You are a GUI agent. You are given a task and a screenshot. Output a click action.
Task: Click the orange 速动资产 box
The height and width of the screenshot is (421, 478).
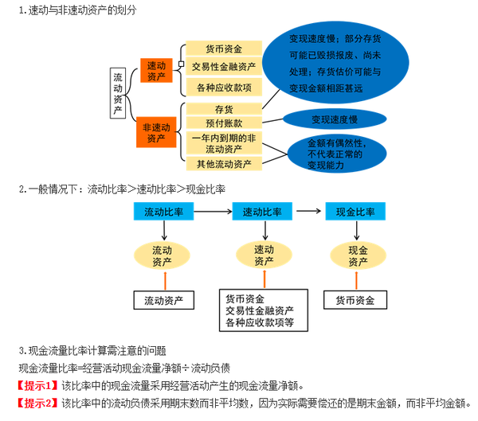[156, 71]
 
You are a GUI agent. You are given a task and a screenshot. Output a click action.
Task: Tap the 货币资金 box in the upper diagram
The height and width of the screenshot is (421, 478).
[224, 49]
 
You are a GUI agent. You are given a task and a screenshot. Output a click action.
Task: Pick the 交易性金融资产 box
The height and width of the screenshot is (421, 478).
[224, 67]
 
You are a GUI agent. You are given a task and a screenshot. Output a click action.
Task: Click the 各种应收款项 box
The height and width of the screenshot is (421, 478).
[224, 87]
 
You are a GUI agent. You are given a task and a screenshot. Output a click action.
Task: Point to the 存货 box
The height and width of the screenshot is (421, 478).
[224, 108]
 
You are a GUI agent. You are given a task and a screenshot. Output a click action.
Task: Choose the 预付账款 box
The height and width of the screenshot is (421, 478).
[224, 123]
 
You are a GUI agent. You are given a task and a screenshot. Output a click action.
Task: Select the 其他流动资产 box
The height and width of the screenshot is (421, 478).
[224, 164]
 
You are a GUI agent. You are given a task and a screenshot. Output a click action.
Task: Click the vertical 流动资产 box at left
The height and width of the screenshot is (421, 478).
[118, 92]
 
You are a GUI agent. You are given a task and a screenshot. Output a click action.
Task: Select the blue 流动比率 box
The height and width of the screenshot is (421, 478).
[163, 212]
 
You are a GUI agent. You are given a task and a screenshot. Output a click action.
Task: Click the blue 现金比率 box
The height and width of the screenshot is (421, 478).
[356, 212]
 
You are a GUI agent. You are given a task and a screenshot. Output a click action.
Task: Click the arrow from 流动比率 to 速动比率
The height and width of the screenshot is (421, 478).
[214, 212]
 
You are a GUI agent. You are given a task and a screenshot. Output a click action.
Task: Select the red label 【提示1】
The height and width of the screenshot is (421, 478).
[39, 385]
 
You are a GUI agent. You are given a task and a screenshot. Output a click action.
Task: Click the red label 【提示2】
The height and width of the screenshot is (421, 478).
[39, 403]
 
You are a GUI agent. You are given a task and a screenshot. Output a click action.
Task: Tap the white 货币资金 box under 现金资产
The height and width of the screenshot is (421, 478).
[355, 300]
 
